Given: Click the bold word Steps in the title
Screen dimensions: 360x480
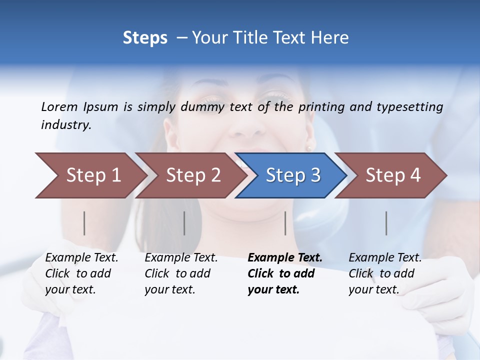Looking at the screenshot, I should [x=145, y=38].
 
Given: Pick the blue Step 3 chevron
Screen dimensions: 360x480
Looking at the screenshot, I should [x=292, y=175].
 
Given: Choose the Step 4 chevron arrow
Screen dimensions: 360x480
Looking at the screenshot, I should [x=392, y=175].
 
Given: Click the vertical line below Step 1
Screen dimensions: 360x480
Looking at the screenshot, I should [x=84, y=223].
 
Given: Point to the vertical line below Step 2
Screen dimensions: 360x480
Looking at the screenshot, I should [x=184, y=223].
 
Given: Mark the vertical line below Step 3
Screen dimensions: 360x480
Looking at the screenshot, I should [x=285, y=223].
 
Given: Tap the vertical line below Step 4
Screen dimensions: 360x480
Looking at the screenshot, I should [x=386, y=223].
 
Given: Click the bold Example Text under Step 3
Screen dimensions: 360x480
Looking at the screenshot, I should [x=285, y=273].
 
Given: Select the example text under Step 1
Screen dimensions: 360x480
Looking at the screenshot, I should [x=81, y=273].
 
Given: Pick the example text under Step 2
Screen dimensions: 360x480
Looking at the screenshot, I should [x=181, y=273].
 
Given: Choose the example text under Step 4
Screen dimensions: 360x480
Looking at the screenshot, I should [x=385, y=273].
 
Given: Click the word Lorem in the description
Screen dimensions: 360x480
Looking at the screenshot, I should [x=59, y=107].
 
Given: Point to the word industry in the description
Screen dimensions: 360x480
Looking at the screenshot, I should [x=66, y=125].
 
